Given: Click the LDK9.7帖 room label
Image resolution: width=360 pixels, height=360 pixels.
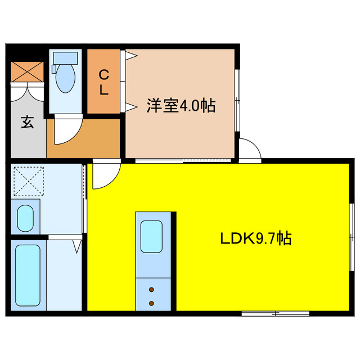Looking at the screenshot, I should click(255, 239).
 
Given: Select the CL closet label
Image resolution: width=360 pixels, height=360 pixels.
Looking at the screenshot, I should click(104, 82).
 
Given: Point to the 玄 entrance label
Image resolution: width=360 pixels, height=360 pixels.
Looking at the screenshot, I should click(27, 122).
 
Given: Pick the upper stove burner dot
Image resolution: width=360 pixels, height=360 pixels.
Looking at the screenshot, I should click(152, 291).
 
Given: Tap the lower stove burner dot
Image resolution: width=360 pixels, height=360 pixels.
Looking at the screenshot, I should click(152, 303).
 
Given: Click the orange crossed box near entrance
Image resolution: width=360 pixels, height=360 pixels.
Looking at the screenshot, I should click(28, 71).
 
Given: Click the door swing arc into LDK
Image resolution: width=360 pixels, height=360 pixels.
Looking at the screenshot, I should click(104, 177).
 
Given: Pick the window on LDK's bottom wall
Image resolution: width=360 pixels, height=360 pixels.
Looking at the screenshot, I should click(275, 312).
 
